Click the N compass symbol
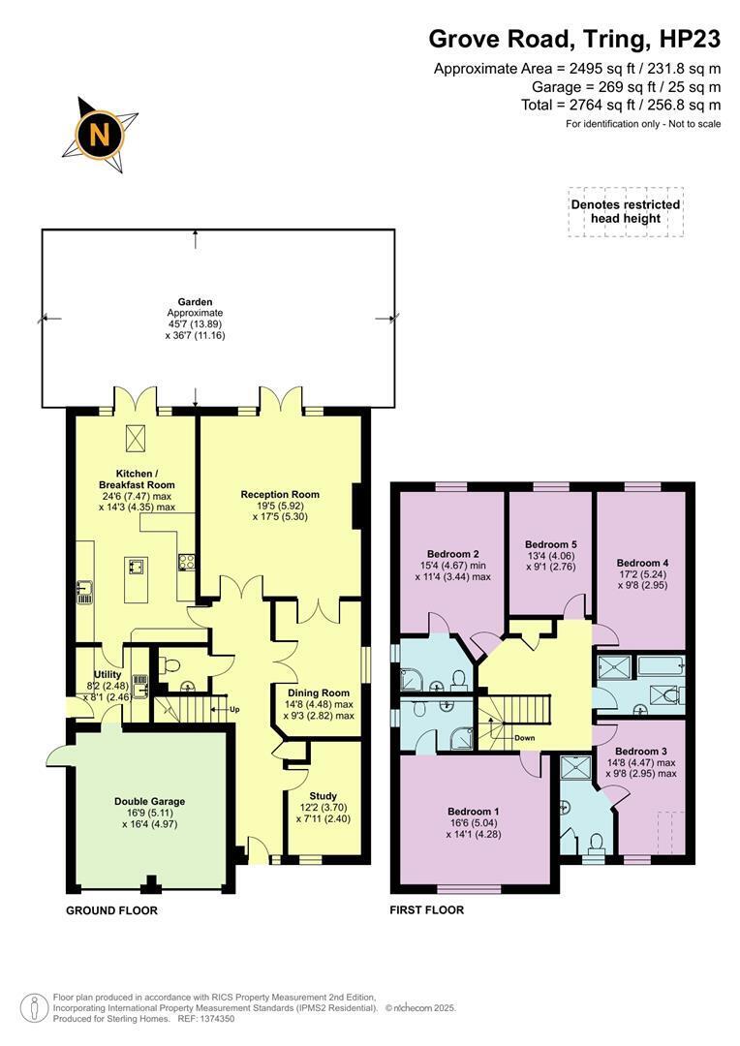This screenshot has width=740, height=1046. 100,136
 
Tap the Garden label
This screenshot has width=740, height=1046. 195,302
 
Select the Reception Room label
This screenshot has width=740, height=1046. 280,494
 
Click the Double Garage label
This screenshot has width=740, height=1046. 149,801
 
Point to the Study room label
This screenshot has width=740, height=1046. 323,796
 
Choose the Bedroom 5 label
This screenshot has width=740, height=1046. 550,544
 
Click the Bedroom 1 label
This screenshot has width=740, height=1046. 474,812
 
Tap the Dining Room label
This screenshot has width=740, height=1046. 319,692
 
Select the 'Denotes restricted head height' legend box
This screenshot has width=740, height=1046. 626,211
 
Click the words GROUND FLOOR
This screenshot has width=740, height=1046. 111,910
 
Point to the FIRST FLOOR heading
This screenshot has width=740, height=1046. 426,909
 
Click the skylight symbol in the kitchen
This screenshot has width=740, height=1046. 137,438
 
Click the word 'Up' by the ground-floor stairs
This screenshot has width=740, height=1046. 234,709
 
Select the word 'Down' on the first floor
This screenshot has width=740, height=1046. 524,738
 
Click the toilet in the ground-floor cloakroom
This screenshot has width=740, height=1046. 170,665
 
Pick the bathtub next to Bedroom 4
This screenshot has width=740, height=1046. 661,665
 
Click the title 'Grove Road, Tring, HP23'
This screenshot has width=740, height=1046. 574,40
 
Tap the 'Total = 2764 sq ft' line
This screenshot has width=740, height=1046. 621,105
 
